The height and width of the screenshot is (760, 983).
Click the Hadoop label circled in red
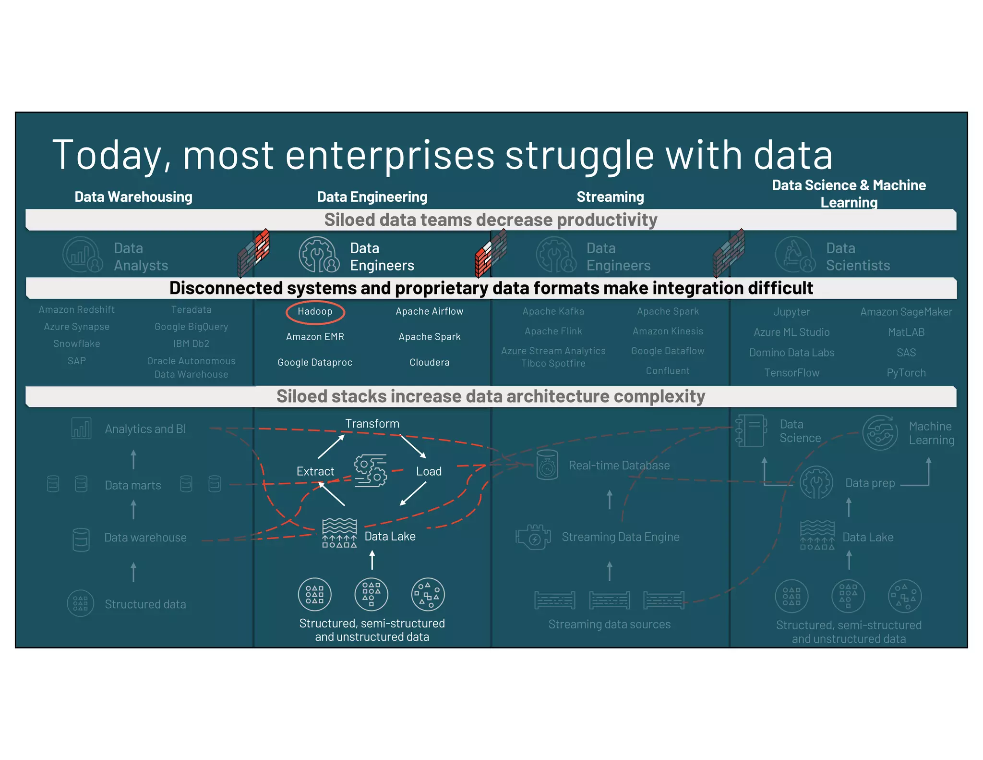click(315, 311)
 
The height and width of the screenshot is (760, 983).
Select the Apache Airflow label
click(429, 311)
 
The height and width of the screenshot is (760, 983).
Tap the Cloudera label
click(429, 362)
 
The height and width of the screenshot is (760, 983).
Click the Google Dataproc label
click(315, 362)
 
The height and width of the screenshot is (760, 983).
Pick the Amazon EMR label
click(315, 337)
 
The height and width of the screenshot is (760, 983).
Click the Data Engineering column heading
click(372, 197)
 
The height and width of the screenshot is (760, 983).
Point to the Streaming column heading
click(610, 197)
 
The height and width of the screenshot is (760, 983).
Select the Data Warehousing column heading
click(133, 197)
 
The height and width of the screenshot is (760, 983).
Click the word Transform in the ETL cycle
click(372, 424)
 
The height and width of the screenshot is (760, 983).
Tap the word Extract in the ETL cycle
click(315, 471)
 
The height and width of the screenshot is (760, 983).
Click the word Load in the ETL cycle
click(429, 471)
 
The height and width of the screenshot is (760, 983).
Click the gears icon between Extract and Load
click(370, 471)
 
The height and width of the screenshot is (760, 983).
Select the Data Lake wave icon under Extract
click(339, 533)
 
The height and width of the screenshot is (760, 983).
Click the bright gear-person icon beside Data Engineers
click(318, 255)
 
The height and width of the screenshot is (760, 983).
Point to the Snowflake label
click(77, 343)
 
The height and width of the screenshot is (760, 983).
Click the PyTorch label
click(906, 373)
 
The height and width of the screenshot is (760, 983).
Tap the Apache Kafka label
click(553, 311)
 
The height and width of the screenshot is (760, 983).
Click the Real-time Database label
click(619, 465)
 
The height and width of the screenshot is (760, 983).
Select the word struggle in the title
click(580, 155)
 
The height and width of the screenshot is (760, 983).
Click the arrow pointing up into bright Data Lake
click(372, 560)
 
